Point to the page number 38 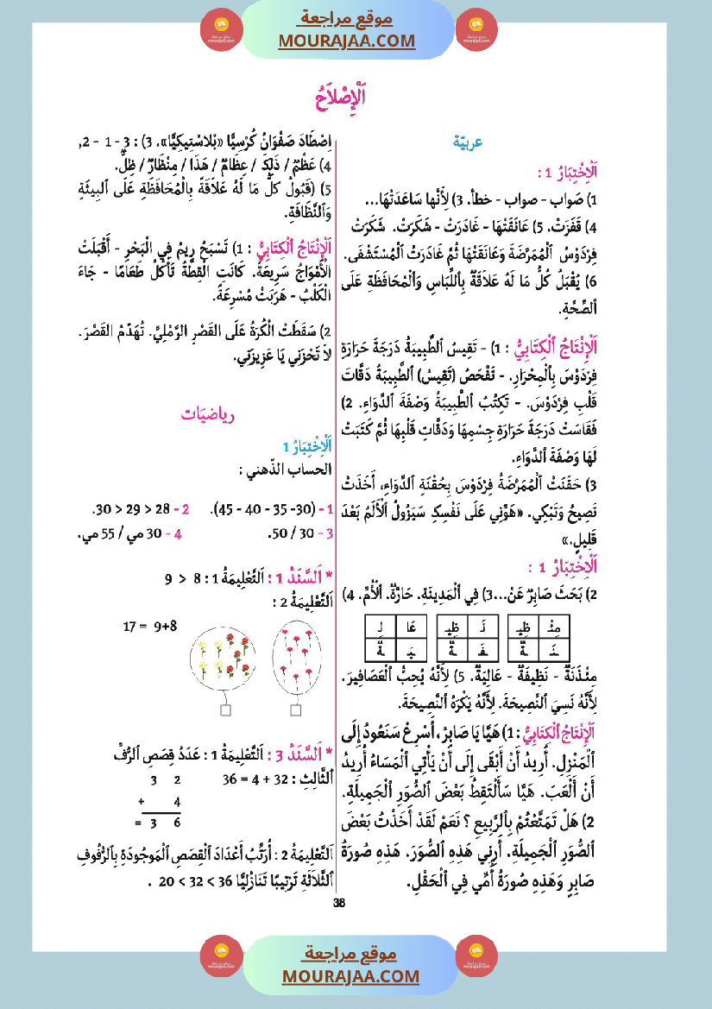(x=339, y=903)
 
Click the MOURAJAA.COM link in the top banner (x=346, y=41)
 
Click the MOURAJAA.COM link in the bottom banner (x=350, y=976)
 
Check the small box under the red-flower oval (x=296, y=710)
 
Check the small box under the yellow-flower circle (x=225, y=710)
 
